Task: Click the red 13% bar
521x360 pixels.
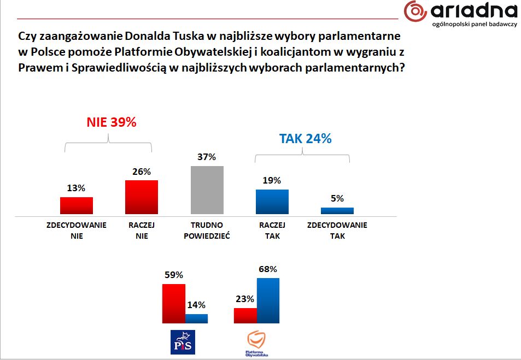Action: (77, 205)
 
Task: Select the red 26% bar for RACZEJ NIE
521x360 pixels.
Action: (142, 197)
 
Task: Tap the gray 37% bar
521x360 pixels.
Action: (207, 190)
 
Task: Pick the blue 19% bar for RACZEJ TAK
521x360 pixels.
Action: (272, 202)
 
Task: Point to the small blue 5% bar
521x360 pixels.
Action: (337, 210)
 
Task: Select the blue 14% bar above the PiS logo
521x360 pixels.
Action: (197, 318)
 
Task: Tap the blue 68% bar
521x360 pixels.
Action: (268, 300)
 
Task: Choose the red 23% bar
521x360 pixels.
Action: (245, 316)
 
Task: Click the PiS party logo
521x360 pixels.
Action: (183, 342)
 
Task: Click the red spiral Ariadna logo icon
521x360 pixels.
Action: (415, 12)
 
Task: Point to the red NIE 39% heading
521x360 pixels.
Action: (112, 122)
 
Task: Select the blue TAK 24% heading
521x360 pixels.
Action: (306, 139)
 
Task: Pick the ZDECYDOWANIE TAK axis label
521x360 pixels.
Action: (337, 231)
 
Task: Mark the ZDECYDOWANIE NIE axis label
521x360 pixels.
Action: (77, 231)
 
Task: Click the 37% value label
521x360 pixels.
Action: (207, 157)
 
